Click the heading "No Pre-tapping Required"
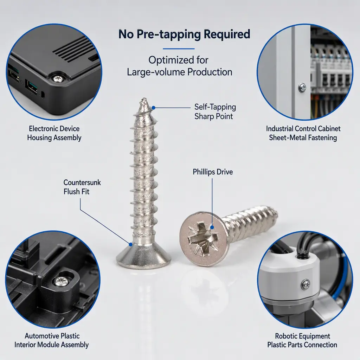click(x=184, y=34)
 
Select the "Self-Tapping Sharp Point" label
click(x=215, y=111)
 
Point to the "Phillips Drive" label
click(x=213, y=172)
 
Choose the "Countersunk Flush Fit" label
click(x=82, y=187)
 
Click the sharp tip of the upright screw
click(x=144, y=99)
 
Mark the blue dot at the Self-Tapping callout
click(x=154, y=108)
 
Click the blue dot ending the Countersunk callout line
click(x=131, y=245)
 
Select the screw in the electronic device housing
click(x=58, y=79)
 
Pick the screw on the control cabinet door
click(x=302, y=88)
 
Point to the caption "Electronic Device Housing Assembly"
click(x=54, y=133)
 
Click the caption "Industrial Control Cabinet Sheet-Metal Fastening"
click(x=303, y=133)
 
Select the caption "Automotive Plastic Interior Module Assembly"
click(x=52, y=340)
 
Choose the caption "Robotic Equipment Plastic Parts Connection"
click(x=302, y=340)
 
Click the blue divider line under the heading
click(x=179, y=49)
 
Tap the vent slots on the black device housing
click(x=73, y=50)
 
